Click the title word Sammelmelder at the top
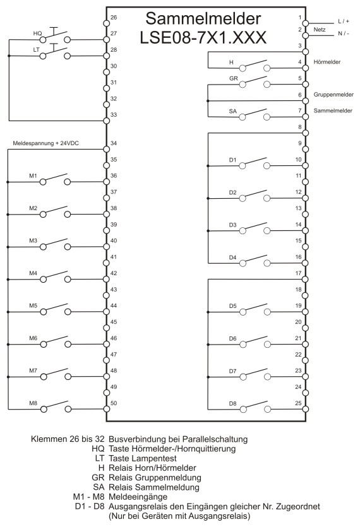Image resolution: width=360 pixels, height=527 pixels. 203,19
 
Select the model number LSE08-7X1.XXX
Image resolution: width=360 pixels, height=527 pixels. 203,37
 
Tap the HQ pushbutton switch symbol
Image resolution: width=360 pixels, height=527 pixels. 56,35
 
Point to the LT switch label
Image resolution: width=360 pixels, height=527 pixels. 37,50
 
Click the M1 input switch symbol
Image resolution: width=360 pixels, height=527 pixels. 56,179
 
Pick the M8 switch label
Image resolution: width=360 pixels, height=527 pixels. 33,403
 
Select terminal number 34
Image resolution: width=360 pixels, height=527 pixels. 114,143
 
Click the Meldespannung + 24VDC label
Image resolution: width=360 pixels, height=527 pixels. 45,143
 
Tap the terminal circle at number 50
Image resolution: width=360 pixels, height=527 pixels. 107,409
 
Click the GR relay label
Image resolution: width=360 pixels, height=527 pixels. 234,78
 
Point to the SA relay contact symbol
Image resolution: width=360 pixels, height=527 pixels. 255,114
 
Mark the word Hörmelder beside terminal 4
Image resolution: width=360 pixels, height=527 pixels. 327,62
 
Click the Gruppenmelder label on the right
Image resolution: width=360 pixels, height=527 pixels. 333,95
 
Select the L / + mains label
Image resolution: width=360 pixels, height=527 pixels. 344,21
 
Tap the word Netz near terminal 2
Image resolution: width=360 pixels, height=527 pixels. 320,30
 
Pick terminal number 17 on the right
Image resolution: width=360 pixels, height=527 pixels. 299,273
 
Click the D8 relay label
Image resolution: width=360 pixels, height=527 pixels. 233,403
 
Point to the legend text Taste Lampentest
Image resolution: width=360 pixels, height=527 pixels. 143,458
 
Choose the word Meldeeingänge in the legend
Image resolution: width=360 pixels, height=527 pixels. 138,497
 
